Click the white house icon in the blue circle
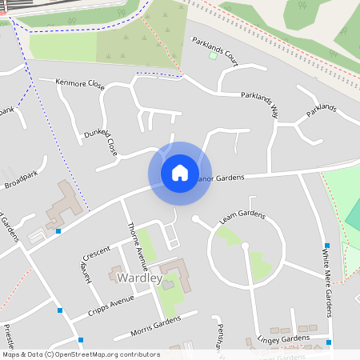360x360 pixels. [x=180, y=172]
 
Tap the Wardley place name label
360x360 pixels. [x=139, y=278]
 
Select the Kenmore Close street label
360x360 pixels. [x=80, y=82]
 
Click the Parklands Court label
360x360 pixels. [x=214, y=49]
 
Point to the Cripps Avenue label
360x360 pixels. [x=110, y=302]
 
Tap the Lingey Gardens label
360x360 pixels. [x=283, y=339]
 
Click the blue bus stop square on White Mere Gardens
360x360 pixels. [x=326, y=245]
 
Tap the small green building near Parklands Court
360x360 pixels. [x=213, y=55]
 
